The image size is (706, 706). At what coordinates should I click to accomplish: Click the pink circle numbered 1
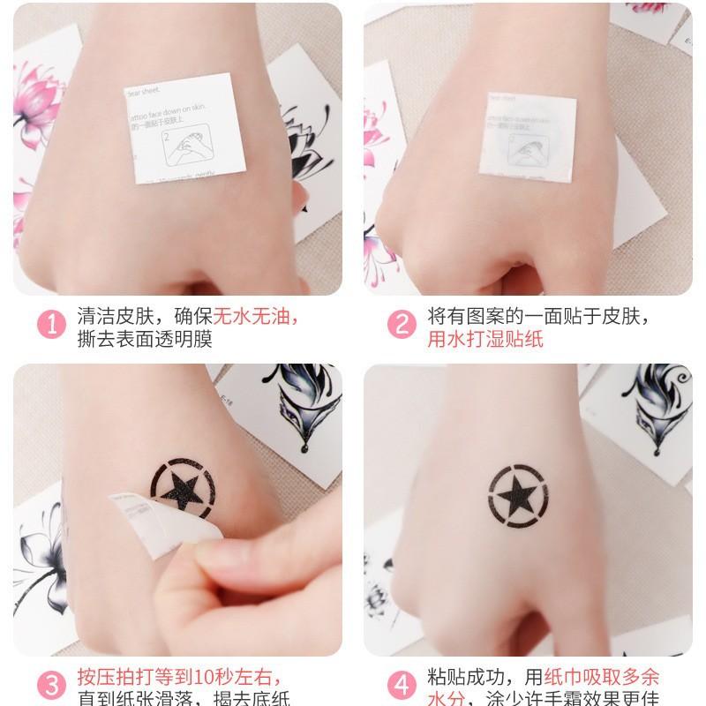pyautogui.click(x=51, y=324)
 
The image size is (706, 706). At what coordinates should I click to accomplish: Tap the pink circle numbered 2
pyautogui.click(x=402, y=324)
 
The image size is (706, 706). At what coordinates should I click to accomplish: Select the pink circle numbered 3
pyautogui.click(x=51, y=686)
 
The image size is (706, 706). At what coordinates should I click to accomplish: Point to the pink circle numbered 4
pyautogui.click(x=402, y=686)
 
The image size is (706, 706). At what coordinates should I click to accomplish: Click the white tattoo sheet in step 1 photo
pyautogui.click(x=184, y=128)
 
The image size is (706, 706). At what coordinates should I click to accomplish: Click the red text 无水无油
pyautogui.click(x=258, y=316)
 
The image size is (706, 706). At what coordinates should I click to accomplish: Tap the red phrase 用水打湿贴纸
pyautogui.click(x=485, y=339)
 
